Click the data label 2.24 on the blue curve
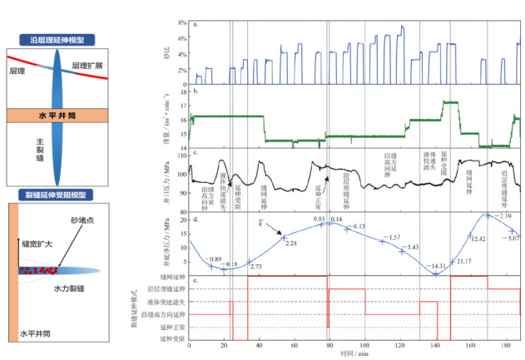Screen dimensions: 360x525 pyautogui.click(x=291, y=244)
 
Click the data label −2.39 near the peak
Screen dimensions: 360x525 pyautogui.click(x=503, y=216)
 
